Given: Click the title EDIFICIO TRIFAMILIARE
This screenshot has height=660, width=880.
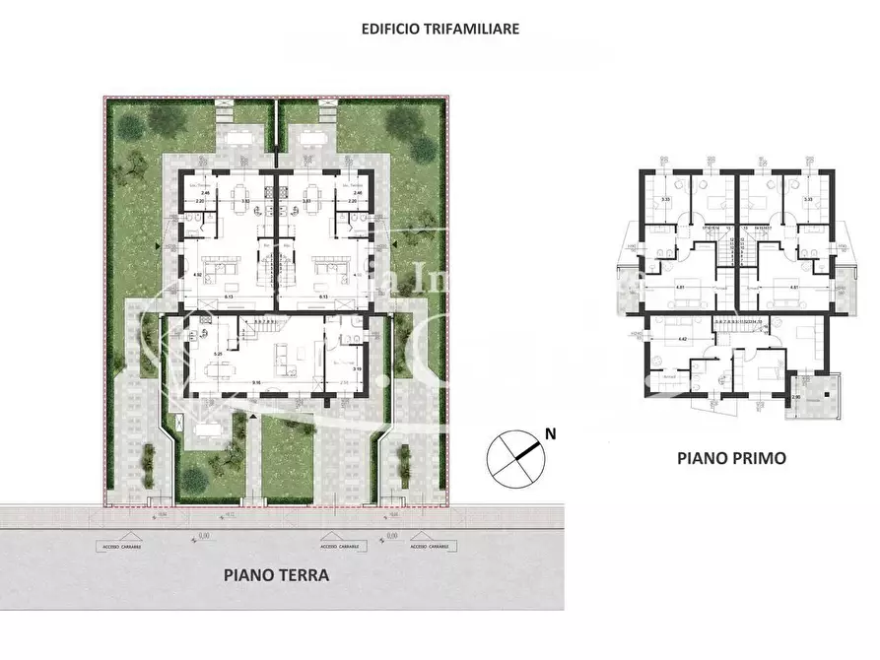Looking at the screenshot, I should [x=440, y=29].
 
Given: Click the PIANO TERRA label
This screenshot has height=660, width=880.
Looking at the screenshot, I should [x=277, y=575].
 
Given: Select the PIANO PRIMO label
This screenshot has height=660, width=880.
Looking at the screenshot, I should [x=730, y=458].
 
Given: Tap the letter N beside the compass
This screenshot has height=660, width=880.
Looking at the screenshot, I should [x=552, y=432].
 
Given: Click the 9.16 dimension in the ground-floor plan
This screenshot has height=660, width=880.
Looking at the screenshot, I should [x=256, y=382].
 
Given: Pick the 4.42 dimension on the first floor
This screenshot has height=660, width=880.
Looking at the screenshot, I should [x=682, y=340].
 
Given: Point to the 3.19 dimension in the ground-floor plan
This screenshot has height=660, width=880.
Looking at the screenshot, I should [x=358, y=368].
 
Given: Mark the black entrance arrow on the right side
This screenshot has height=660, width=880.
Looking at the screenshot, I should [x=393, y=240].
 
